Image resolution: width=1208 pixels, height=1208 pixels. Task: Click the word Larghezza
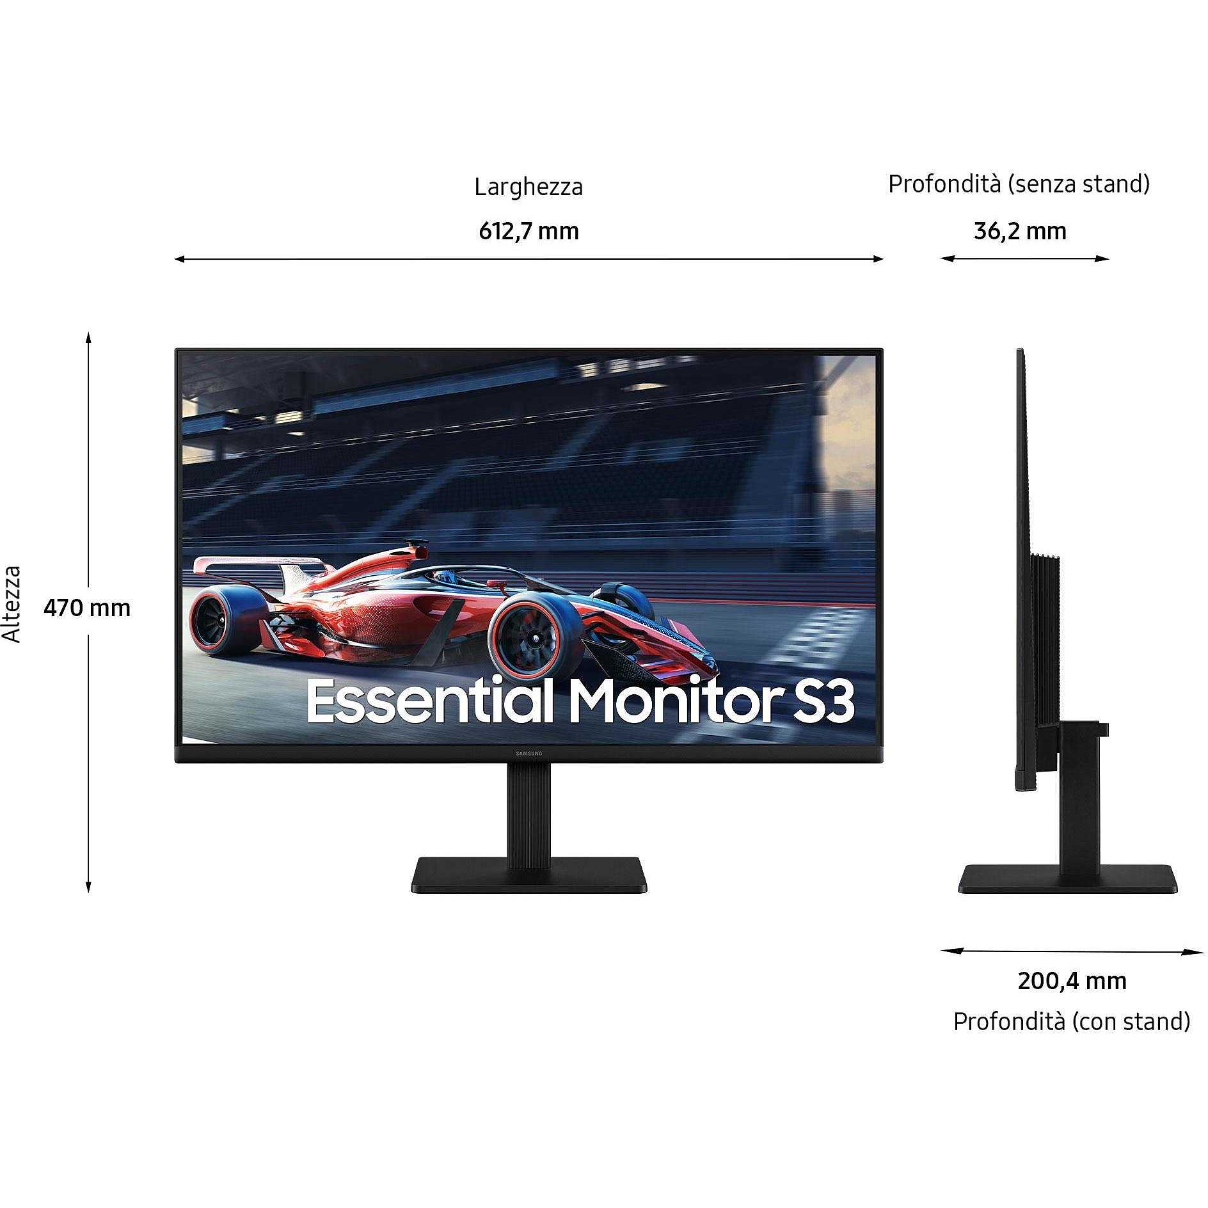(x=528, y=187)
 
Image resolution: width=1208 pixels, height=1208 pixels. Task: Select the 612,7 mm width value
(x=528, y=231)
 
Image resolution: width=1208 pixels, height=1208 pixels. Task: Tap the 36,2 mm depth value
(x=1020, y=231)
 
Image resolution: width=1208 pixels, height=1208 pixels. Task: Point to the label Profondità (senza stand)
(x=1019, y=184)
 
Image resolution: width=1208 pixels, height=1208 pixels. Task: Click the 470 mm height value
(x=87, y=607)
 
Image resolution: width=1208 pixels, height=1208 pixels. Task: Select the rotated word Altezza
(x=12, y=604)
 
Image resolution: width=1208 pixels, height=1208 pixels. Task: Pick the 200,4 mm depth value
(x=1072, y=981)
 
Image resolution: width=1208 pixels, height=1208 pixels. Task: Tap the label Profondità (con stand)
(x=1072, y=1021)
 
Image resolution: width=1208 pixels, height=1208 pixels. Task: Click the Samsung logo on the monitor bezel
(x=528, y=754)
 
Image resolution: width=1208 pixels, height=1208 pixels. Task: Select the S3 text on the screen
(x=823, y=702)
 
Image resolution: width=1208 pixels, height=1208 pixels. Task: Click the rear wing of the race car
(x=262, y=567)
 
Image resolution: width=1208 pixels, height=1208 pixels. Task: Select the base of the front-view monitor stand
(x=529, y=875)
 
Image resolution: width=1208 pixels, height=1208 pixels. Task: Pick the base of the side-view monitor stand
(x=1068, y=879)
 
